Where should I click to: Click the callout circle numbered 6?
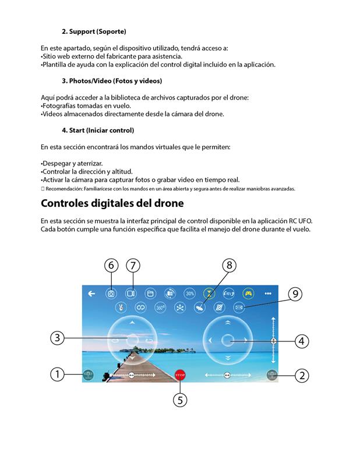click(111, 266)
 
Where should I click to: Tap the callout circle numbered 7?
click(133, 266)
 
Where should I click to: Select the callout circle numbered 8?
click(230, 266)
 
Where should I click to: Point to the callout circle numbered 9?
click(295, 294)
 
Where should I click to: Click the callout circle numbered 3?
click(57, 337)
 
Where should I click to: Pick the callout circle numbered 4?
click(301, 341)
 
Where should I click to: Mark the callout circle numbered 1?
click(57, 375)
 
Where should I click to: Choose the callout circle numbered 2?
click(301, 376)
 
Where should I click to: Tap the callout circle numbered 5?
click(180, 400)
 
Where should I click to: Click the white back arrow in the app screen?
click(91, 294)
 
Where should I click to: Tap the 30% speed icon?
click(189, 294)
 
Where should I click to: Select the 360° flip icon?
click(160, 307)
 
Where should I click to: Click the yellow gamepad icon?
click(248, 294)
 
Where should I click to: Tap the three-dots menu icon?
click(268, 294)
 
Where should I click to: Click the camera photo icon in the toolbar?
click(111, 294)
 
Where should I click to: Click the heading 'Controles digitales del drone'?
click(112, 204)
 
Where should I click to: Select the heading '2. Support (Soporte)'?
click(94, 31)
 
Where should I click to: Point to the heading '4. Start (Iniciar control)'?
click(98, 130)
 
